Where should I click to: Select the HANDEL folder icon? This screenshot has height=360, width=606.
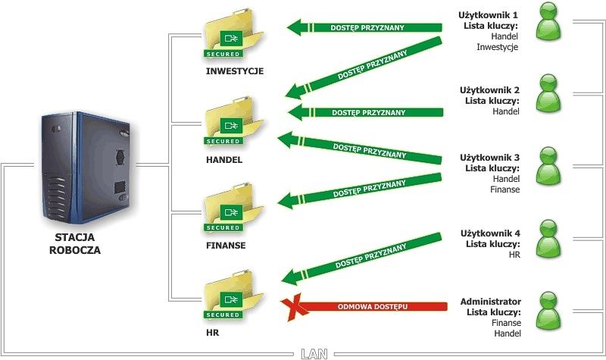(233, 120)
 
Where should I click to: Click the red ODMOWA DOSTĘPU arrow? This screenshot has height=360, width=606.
(371, 306)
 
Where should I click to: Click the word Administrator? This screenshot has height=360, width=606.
(490, 301)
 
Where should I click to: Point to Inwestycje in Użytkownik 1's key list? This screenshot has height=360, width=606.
(497, 47)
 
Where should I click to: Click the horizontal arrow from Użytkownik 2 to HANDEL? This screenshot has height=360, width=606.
(364, 112)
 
